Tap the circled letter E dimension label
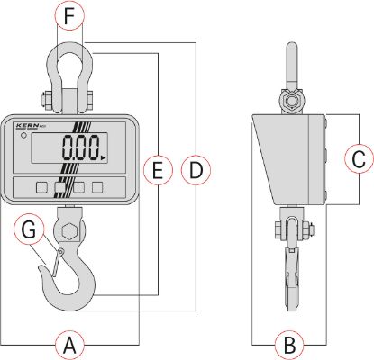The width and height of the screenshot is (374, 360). pos(157,167)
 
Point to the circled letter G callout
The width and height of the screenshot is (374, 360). pos(29,231)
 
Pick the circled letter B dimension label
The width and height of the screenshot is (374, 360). pos(288,343)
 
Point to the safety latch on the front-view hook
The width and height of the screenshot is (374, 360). pos(54,264)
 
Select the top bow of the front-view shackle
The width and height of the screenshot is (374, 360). pos(68,55)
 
